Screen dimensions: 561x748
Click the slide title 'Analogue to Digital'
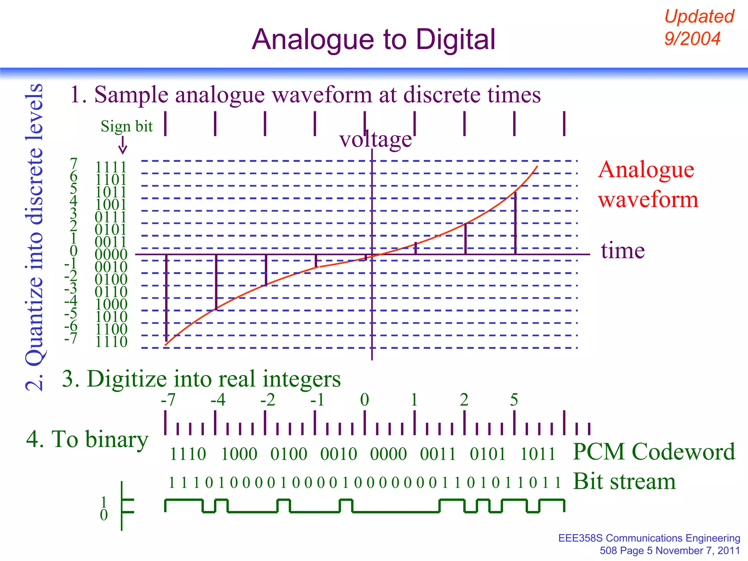373,39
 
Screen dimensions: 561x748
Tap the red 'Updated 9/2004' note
698,28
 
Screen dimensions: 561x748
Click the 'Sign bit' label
126,126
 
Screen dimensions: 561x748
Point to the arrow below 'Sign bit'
123,145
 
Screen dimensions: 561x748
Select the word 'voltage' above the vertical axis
375,140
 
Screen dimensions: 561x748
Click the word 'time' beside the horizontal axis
623,251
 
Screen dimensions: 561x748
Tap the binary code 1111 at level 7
111,167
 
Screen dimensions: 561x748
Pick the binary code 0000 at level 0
111,254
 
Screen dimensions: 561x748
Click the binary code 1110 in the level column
111,342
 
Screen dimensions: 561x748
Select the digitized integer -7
168,400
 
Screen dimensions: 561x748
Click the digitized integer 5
514,400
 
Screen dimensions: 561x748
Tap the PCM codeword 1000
239,454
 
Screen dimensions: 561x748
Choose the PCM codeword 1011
538,454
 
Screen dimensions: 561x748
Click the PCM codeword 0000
388,454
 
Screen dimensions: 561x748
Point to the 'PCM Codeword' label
654,452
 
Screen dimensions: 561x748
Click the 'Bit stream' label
625,481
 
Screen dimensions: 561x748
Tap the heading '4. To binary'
87,439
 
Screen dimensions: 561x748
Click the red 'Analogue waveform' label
648,184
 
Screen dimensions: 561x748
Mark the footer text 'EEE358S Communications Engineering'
649,538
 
